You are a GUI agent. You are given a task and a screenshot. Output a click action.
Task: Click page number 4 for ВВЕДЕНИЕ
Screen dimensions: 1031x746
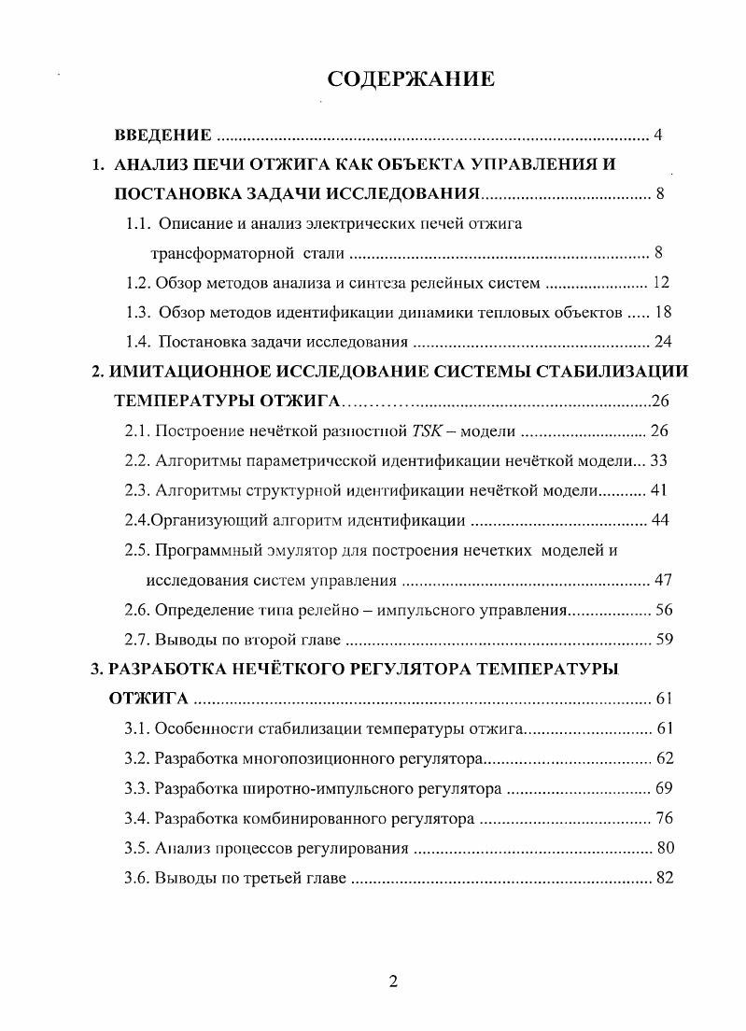(x=658, y=136)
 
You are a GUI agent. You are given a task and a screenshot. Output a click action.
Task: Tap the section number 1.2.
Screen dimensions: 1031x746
(x=138, y=283)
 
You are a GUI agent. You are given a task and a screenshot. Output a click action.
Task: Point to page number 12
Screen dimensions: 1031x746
(x=661, y=283)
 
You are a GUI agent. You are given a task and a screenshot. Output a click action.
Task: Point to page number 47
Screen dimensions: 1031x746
(x=663, y=580)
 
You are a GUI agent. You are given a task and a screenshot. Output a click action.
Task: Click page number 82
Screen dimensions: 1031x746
(x=663, y=879)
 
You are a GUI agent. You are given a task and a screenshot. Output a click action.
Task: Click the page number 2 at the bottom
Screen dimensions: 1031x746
(x=393, y=982)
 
